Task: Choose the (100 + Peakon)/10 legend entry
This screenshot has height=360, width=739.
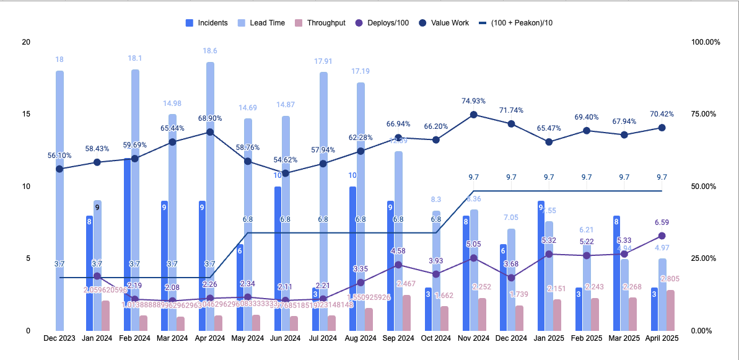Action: coord(515,23)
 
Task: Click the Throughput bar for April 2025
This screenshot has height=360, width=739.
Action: coord(670,310)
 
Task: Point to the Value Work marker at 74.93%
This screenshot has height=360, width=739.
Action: coord(474,115)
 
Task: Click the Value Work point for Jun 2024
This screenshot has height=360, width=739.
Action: coord(285,173)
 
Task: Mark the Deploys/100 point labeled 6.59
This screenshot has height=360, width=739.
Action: coord(662,236)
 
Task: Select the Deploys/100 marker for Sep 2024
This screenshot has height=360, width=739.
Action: coord(398,265)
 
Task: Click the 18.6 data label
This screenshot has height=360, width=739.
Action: coord(210,51)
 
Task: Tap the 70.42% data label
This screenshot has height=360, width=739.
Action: coord(662,114)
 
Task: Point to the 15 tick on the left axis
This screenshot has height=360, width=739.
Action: coord(25,115)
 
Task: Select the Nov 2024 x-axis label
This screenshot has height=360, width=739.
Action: coord(473,338)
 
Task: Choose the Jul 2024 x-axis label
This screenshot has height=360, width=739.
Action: coord(323,338)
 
